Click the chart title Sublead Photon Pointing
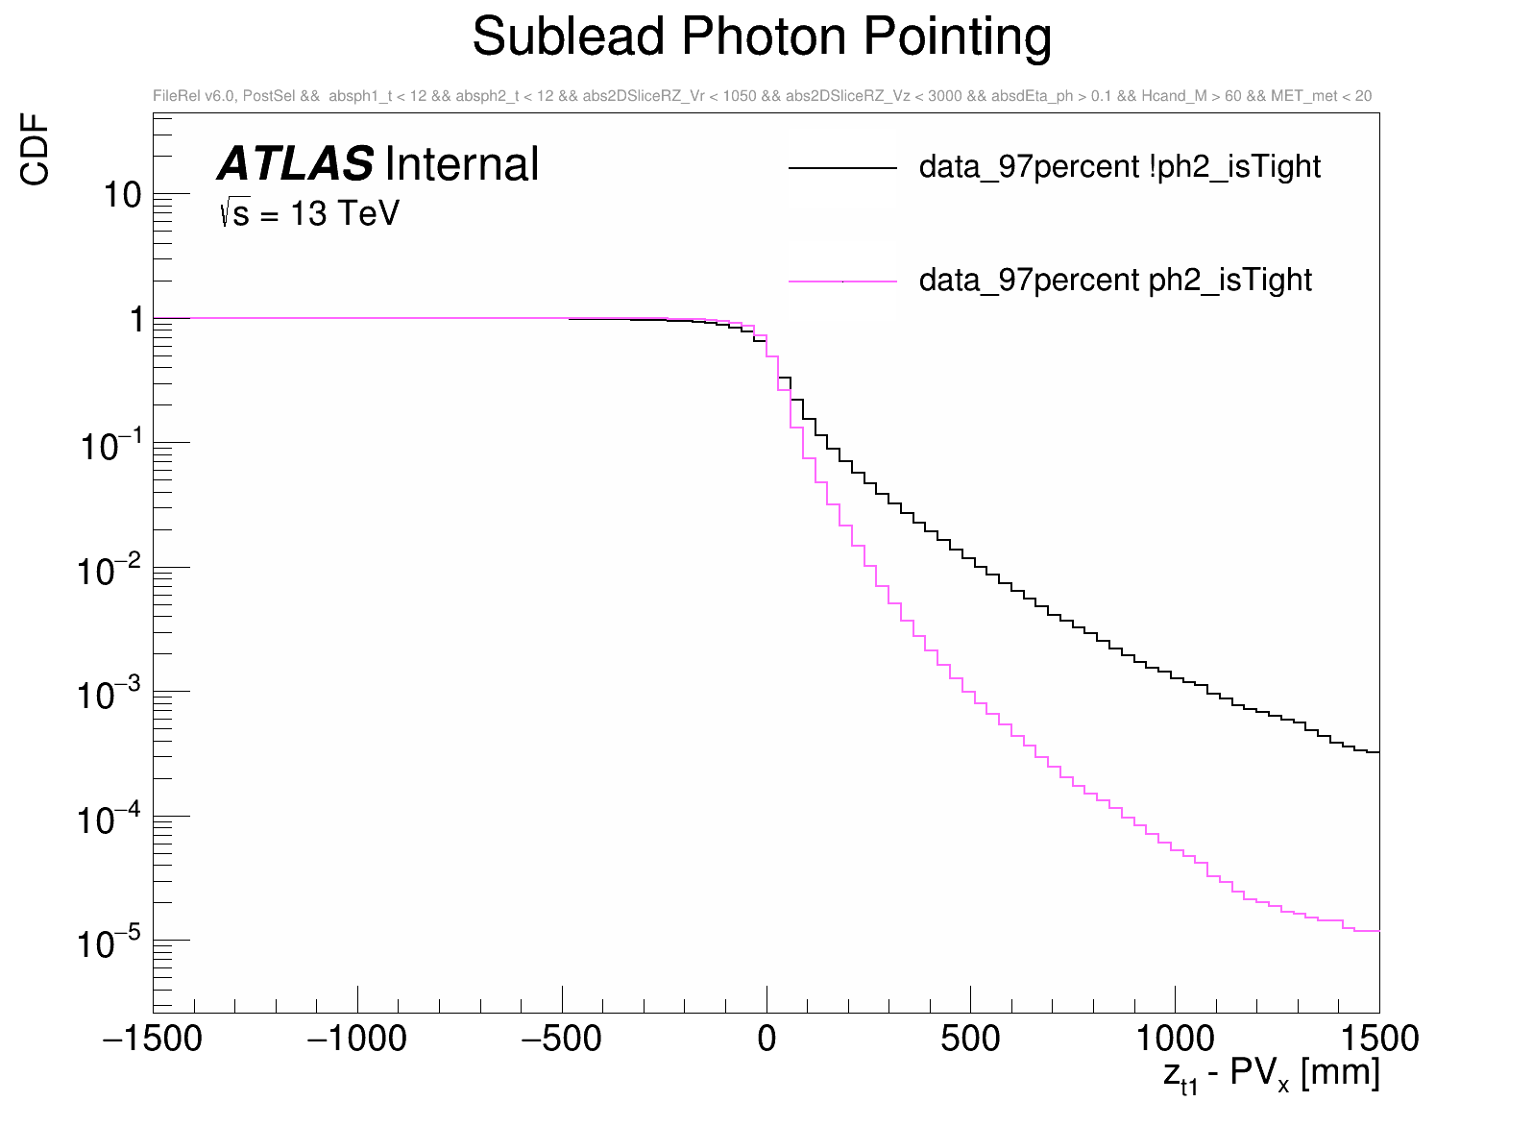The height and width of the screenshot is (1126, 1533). coord(762,38)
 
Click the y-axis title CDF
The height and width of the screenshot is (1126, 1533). coord(36,149)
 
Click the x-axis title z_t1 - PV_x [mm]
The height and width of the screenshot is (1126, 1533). coord(1271,1074)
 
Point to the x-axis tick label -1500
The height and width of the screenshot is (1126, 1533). coord(154,1039)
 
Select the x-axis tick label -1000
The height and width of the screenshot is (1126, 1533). coord(357,1039)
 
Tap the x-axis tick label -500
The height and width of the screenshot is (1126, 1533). coord(561,1039)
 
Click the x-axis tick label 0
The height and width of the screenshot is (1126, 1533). coord(766,1039)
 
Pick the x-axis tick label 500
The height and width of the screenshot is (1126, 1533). coord(970,1039)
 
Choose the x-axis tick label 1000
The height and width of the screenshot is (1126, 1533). coord(1175,1039)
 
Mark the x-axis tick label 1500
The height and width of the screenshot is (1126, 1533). coord(1378,1039)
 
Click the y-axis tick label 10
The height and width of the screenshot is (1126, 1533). coord(122,195)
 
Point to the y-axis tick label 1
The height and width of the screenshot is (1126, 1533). coord(136,319)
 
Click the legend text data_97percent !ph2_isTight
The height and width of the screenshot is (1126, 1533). coord(1119,167)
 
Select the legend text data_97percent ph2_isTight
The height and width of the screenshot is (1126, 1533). coord(1115,281)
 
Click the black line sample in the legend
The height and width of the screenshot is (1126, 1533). coord(842,168)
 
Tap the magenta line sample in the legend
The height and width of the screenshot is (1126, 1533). coord(842,281)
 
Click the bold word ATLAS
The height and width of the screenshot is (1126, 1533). coord(295,164)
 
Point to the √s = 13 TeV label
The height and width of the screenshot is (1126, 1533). coord(308,213)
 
